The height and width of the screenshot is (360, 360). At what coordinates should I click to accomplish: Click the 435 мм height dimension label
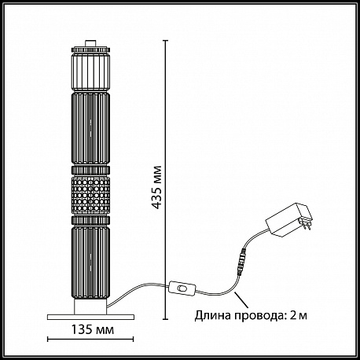[x=156, y=187]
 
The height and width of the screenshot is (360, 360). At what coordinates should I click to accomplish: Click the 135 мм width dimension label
[x=93, y=330]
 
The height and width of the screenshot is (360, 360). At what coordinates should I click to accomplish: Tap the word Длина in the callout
[x=213, y=316]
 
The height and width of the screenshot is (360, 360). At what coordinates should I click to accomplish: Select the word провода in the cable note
[x=259, y=316]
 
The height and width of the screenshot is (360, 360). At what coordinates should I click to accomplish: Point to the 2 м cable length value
[x=299, y=316]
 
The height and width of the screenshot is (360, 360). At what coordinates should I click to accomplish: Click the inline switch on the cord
[x=182, y=288]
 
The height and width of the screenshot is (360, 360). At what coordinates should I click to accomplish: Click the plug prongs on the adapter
[x=308, y=225]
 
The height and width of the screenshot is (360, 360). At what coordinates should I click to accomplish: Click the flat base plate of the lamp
[x=90, y=317]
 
